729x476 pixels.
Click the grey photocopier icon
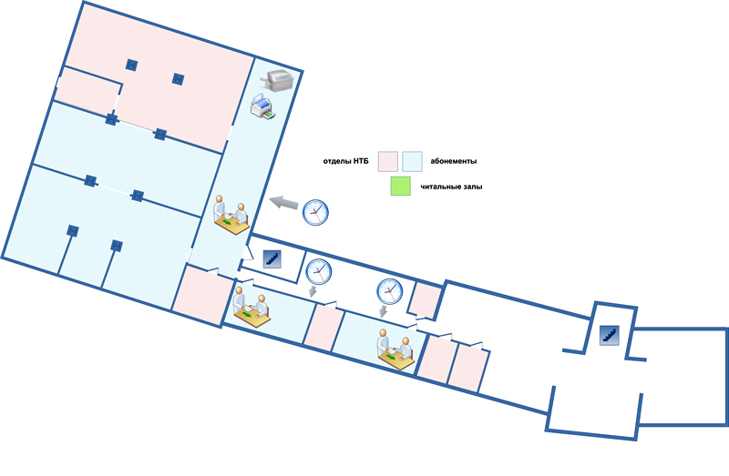[x=276, y=81]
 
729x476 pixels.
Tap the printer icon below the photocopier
[x=262, y=109]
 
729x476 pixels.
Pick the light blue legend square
[x=412, y=161]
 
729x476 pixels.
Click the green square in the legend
[x=400, y=187]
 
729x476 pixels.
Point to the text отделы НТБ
[x=346, y=161]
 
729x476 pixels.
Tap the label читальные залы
[x=452, y=187]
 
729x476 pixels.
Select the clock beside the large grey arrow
[x=315, y=211]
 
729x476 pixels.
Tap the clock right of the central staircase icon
[x=319, y=271]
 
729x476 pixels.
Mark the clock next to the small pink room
[x=389, y=291]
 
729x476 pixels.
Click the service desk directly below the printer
[x=231, y=215]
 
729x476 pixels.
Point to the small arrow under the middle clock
[x=313, y=291]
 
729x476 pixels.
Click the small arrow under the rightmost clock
[x=384, y=311]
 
